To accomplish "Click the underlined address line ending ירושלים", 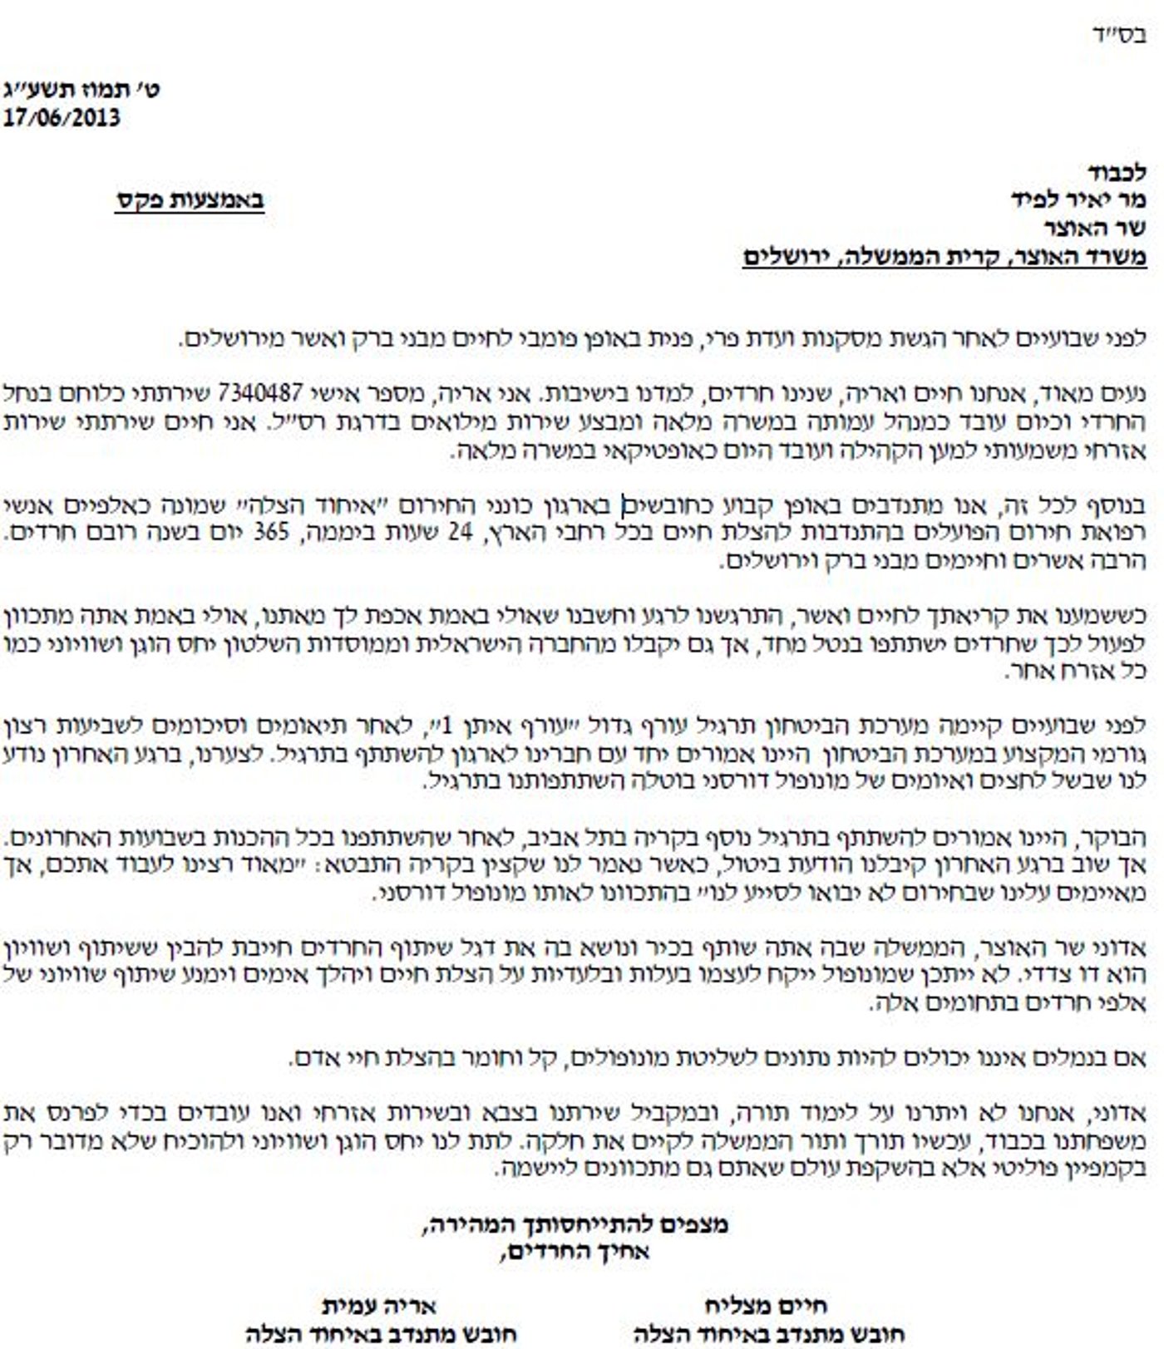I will (x=945, y=257).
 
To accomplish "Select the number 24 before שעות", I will (x=460, y=532).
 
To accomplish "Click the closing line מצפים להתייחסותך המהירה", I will (x=575, y=1224).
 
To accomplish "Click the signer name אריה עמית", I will (x=379, y=1307).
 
